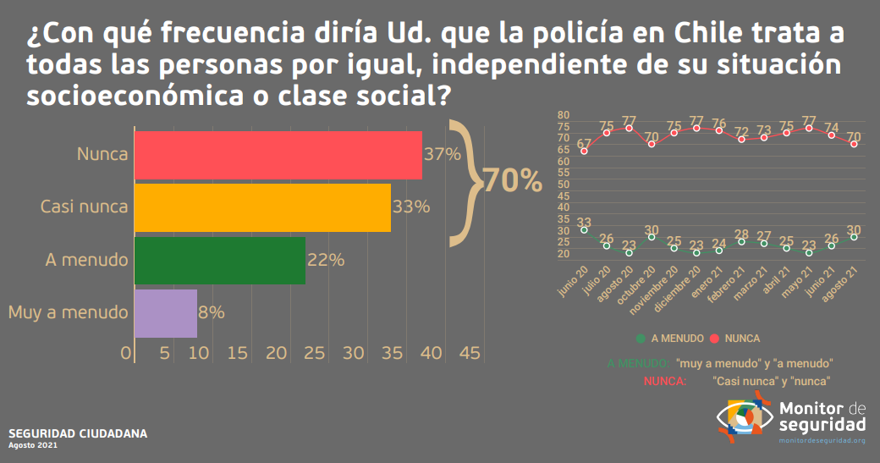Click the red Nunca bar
(x=278, y=156)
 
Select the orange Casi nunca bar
(x=262, y=207)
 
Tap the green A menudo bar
(x=220, y=260)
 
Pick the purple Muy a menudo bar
(x=166, y=313)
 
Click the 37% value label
(x=442, y=154)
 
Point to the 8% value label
(x=212, y=312)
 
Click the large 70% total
(x=512, y=180)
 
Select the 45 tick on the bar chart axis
(x=469, y=352)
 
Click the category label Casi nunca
(x=85, y=207)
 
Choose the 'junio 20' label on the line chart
(x=575, y=280)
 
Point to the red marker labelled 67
(x=584, y=152)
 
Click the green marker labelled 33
(x=584, y=231)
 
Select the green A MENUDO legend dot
(x=641, y=339)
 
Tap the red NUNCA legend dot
(x=715, y=339)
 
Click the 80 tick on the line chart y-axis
(x=564, y=115)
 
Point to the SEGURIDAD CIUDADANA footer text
(x=78, y=433)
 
